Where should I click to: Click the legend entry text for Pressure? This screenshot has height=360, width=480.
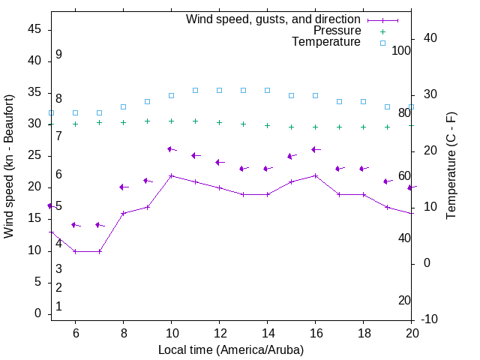tap(337, 31)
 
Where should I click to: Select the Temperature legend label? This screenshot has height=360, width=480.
tap(326, 42)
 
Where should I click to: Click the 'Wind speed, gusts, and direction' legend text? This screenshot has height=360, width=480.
tap(274, 19)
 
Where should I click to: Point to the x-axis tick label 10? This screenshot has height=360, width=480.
tap(171, 332)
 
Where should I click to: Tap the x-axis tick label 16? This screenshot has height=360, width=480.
tap(316, 332)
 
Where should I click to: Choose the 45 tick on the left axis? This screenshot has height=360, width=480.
tap(34, 29)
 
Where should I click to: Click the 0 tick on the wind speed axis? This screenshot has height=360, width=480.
tap(37, 313)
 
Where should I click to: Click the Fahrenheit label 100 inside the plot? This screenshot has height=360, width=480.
tap(401, 50)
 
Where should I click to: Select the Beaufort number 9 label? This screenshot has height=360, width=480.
tap(58, 55)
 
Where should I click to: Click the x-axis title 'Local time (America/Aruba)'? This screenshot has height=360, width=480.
tap(231, 349)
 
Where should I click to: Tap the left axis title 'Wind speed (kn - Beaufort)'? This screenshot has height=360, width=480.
tap(9, 166)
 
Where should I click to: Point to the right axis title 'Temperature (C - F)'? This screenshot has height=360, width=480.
tap(451, 166)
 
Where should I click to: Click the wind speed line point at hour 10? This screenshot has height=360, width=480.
tap(172, 175)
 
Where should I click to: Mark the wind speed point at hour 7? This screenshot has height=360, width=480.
tap(99, 251)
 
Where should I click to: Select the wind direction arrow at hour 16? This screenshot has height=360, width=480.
tap(316, 150)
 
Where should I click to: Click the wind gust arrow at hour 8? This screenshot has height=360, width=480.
tap(124, 187)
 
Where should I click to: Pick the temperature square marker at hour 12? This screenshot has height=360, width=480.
tap(219, 90)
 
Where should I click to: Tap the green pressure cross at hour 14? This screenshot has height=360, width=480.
tap(267, 125)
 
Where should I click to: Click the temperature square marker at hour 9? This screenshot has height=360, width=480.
tap(147, 101)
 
